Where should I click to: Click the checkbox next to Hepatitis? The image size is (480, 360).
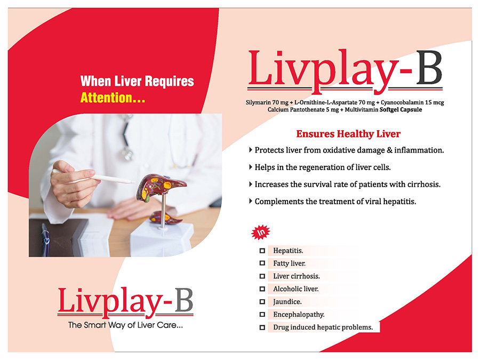[x=262, y=251]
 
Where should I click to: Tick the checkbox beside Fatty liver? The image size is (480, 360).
[x=262, y=263]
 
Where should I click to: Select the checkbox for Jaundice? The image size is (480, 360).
[x=262, y=302]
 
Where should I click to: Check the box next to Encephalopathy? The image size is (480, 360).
[x=262, y=314]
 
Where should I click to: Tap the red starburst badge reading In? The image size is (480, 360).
[x=260, y=233]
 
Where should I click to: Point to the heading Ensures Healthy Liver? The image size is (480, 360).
[x=348, y=134]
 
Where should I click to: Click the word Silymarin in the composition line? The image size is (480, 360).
[x=258, y=102]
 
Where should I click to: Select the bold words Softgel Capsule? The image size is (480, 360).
[x=401, y=109]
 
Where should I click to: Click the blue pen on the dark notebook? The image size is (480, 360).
[x=45, y=239]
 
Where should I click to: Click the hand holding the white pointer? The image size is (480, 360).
[x=74, y=186]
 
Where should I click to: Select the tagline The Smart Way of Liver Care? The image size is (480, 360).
[x=125, y=325]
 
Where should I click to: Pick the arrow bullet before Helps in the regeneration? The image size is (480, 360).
[x=251, y=167]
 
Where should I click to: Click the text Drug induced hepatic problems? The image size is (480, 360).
[x=323, y=327]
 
